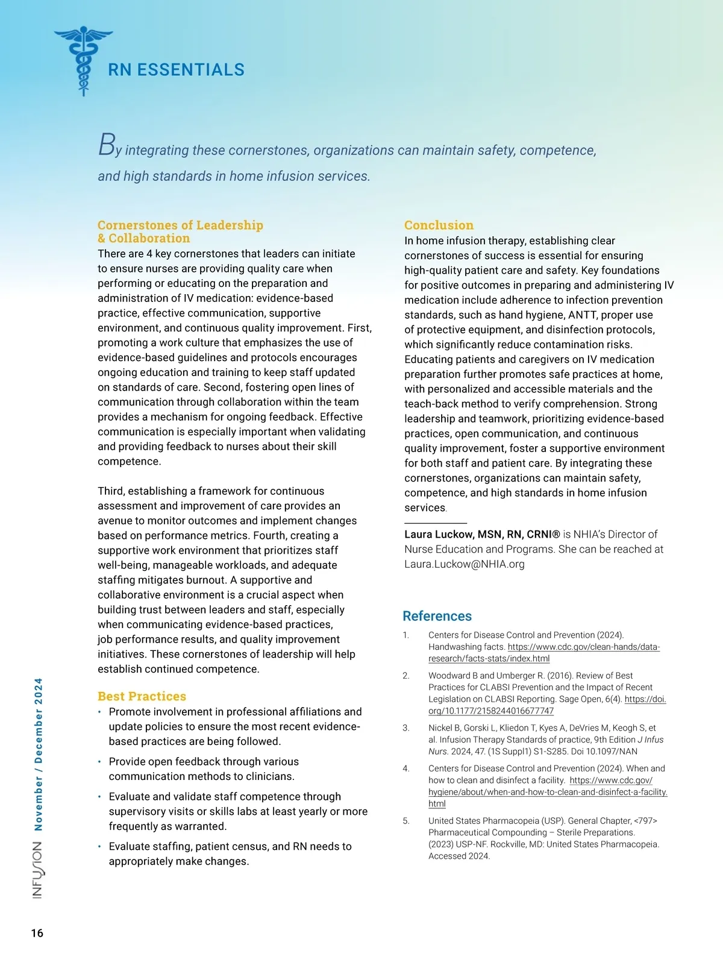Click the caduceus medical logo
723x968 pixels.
click(x=83, y=60)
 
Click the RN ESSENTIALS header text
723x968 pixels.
click(x=176, y=70)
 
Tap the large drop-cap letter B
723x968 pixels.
click(x=106, y=145)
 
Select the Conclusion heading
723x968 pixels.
click(x=439, y=225)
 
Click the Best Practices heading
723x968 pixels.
click(x=142, y=696)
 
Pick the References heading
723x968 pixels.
click(x=437, y=616)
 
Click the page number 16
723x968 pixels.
click(x=37, y=933)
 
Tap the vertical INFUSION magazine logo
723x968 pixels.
click(x=37, y=870)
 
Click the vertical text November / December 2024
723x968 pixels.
click(x=38, y=754)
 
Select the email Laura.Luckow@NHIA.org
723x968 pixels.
click(x=465, y=564)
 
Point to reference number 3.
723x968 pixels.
click(x=406, y=728)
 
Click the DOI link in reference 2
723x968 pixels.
click(x=547, y=705)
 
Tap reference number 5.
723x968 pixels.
click(x=406, y=821)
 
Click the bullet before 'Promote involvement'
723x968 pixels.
click(x=99, y=712)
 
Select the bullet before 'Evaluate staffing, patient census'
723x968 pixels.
click(x=99, y=847)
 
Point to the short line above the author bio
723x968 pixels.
click(x=435, y=523)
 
